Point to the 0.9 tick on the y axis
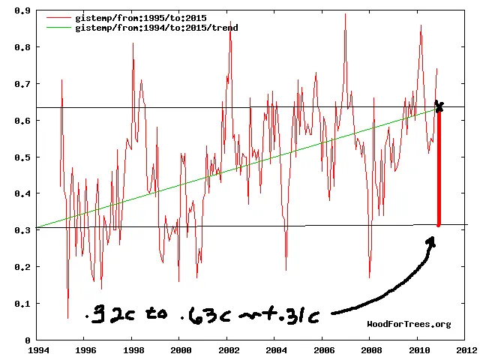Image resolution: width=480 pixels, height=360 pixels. click(x=25, y=11)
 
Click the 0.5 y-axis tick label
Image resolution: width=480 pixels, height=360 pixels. click(x=25, y=157)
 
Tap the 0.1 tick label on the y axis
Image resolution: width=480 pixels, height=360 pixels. click(x=25, y=304)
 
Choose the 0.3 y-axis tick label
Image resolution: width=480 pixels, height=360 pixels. click(x=25, y=231)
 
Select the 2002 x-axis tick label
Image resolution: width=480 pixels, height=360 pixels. click(x=228, y=350)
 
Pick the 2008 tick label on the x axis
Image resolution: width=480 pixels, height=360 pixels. click(x=371, y=350)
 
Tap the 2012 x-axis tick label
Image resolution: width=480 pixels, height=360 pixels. click(x=466, y=350)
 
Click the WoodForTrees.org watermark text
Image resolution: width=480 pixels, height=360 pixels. click(x=409, y=324)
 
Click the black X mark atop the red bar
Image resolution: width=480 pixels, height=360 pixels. click(x=439, y=106)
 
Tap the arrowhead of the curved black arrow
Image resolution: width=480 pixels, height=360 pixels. click(x=431, y=241)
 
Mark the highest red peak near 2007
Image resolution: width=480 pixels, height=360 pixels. click(x=345, y=15)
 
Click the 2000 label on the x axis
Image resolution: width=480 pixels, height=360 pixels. click(x=180, y=350)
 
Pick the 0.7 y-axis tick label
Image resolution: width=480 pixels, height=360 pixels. click(x=25, y=84)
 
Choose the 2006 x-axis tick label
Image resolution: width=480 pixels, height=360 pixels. click(x=323, y=350)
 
